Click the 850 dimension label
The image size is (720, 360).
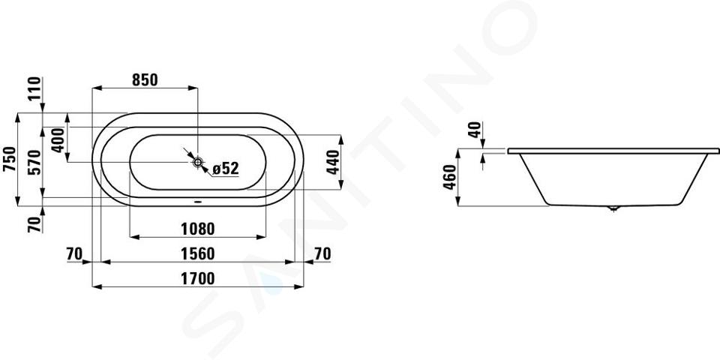(145, 80)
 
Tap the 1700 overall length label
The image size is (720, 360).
(197, 279)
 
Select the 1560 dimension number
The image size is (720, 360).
(197, 253)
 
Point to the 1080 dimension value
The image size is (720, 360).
(197, 229)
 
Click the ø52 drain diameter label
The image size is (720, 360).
(226, 169)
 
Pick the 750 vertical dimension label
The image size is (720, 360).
(9, 159)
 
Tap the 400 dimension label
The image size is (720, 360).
(58, 140)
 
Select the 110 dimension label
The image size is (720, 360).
(35, 89)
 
